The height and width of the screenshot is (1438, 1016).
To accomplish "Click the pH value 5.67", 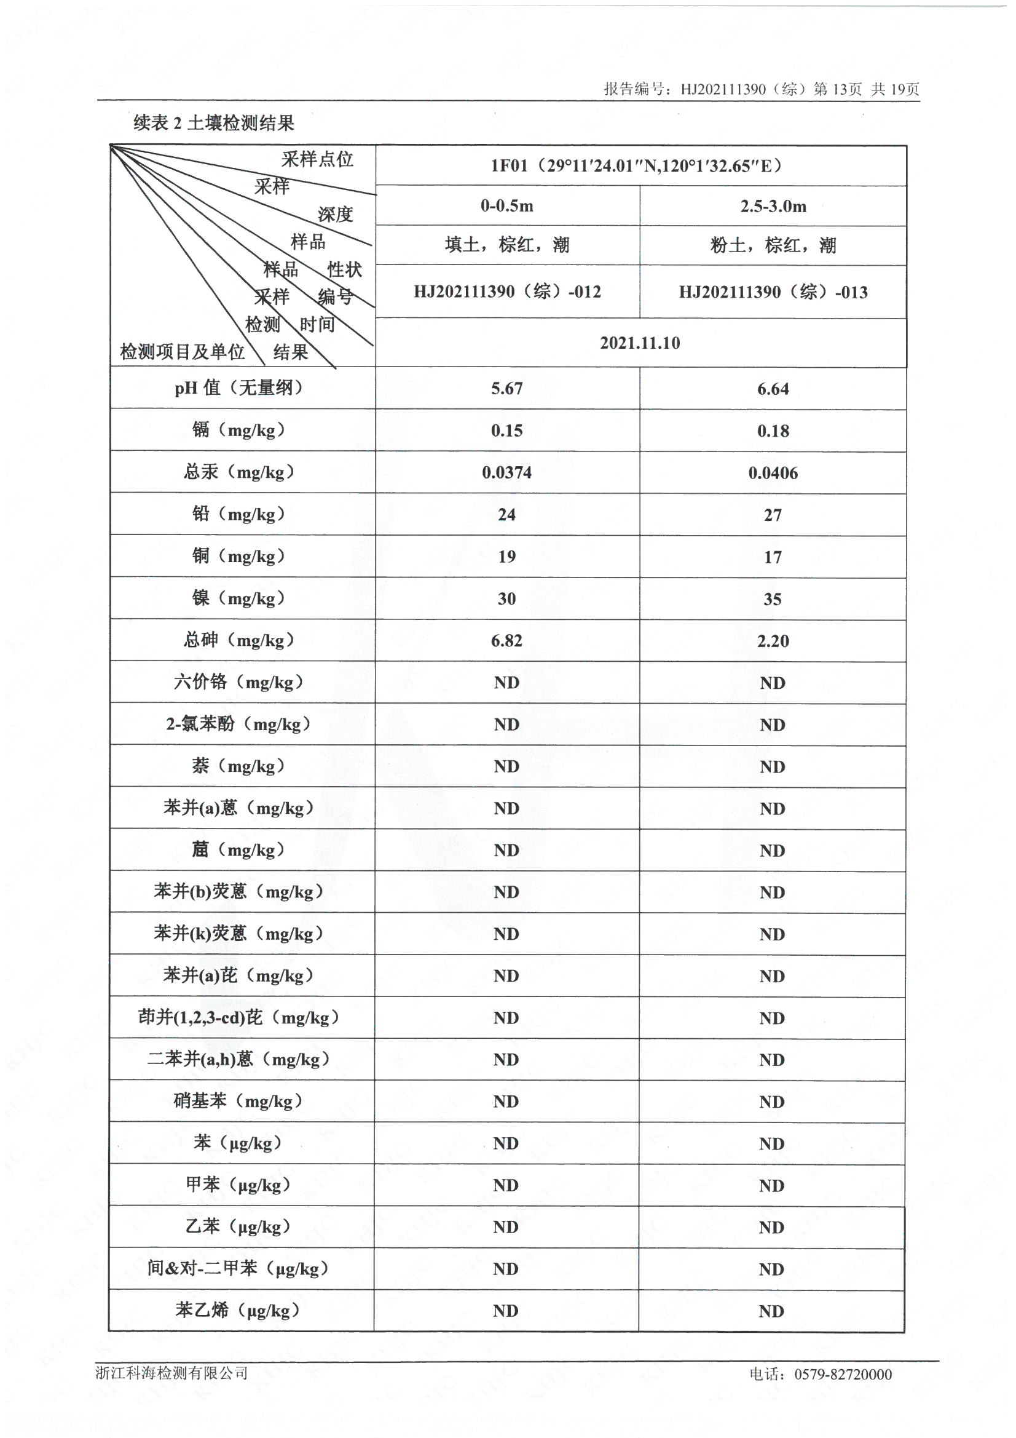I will coord(506,388).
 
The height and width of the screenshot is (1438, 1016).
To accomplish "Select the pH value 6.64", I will coord(773,389).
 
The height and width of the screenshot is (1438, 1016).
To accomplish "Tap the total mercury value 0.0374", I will coord(506,472).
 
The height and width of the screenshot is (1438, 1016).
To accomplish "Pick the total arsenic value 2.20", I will coord(773,641).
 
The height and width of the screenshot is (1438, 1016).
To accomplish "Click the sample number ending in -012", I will coord(507,292).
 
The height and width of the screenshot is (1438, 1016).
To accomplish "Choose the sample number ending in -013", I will coord(773,293).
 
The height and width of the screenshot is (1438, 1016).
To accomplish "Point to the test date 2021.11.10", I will coord(640,343).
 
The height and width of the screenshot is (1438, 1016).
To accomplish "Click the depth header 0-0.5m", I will coord(507,206).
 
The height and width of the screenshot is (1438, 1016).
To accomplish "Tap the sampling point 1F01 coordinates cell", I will coord(640,166).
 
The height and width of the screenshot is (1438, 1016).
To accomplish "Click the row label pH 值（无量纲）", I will coord(238,388).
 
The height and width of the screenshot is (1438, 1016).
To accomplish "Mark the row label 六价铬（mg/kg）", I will coord(238,682).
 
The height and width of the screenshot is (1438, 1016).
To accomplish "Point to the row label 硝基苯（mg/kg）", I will coord(238,1101).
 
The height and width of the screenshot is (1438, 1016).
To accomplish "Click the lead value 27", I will coord(773,515).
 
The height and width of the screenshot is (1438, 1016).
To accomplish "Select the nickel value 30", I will coord(506,598).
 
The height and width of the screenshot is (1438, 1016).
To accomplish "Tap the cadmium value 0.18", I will coord(773,431).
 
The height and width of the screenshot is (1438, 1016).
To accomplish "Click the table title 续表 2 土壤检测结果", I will coord(214,124).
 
